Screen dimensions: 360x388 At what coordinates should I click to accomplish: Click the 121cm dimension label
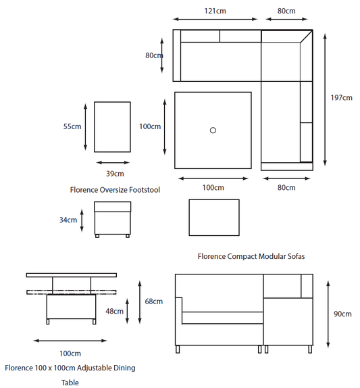[215, 11]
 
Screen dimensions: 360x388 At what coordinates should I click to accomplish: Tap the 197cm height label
[342, 98]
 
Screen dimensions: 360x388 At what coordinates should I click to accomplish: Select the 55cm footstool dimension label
[72, 126]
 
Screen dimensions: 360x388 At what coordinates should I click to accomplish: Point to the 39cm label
[115, 174]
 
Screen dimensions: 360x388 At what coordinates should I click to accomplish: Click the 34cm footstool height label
[68, 220]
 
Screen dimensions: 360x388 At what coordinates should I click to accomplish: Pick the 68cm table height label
[154, 301]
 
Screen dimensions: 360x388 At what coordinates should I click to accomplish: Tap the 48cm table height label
[114, 311]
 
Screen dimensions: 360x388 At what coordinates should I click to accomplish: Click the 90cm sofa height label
[342, 314]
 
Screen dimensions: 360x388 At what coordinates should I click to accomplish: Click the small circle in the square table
[213, 130]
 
